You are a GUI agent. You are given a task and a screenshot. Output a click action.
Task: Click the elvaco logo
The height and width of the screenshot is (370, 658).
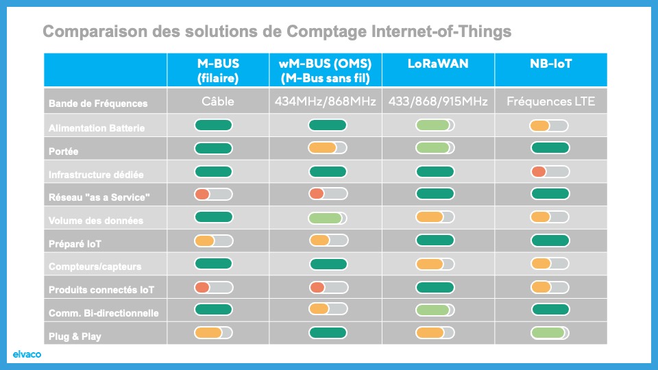[x=27, y=354]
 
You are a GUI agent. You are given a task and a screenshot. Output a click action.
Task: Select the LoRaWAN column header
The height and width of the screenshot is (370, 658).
[x=438, y=64]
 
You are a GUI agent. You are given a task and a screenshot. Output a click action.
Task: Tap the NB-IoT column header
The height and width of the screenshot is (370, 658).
[x=550, y=64]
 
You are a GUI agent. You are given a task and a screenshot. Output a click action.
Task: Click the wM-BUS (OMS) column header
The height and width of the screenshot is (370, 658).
[x=325, y=71]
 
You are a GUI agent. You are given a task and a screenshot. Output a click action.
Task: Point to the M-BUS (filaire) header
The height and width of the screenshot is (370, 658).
[x=218, y=71]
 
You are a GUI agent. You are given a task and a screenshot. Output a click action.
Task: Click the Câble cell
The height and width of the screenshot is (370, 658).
[x=218, y=101]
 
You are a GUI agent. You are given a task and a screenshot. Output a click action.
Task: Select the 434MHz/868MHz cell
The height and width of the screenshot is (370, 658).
[x=325, y=101]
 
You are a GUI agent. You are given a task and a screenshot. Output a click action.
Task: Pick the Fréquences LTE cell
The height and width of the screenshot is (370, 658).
[x=550, y=101]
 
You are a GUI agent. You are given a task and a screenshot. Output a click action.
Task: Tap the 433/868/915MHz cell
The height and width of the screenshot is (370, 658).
[x=438, y=101]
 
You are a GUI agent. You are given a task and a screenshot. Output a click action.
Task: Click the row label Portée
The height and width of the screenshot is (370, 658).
[x=63, y=151]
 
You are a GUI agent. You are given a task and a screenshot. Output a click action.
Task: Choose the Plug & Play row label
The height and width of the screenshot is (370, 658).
[x=75, y=336]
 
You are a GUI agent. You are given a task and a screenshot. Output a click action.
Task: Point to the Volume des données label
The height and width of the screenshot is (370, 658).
[x=96, y=221]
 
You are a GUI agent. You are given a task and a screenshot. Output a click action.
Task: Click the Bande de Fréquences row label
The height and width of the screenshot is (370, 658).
[x=98, y=103]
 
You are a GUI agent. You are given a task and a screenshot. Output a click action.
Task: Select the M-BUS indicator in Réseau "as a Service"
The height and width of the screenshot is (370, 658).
[x=213, y=194]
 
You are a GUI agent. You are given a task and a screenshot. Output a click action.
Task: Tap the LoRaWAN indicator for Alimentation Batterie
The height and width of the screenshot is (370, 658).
[x=435, y=125]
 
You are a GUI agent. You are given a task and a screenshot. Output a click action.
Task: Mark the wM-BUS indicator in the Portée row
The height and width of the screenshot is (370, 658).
[x=328, y=148]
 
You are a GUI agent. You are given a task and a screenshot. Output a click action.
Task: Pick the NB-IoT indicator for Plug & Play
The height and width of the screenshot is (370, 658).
[x=550, y=333]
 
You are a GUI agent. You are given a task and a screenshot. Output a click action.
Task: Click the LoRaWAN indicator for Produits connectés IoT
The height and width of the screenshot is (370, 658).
[x=435, y=287]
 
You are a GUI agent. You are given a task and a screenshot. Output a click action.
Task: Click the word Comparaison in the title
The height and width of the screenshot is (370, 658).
[x=95, y=32]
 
